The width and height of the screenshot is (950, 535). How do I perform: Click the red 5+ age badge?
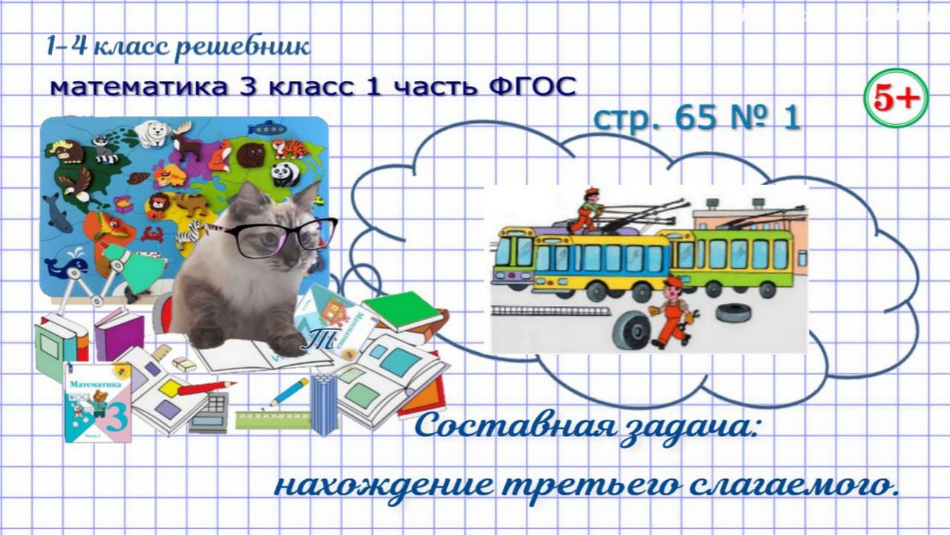896,98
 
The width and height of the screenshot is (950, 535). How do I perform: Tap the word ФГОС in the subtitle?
533,86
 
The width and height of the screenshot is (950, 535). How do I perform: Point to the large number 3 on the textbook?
118,415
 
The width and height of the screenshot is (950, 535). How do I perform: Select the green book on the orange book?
401,308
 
